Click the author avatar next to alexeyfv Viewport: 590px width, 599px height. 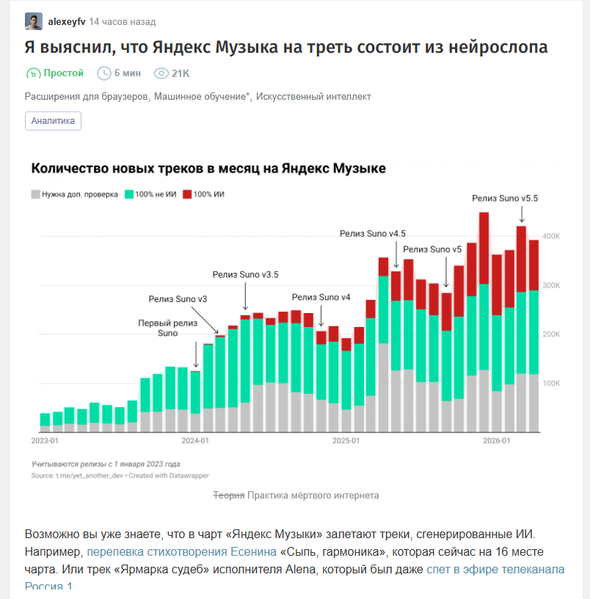(34, 21)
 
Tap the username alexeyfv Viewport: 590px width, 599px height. (67, 22)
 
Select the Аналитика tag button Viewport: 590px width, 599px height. (53, 121)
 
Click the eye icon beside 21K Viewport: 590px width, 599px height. (161, 73)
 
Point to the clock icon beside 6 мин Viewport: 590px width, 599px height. (103, 73)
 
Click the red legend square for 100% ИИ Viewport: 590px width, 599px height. (187, 194)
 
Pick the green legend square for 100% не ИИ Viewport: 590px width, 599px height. (129, 194)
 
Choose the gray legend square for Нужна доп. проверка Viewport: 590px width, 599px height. (35, 194)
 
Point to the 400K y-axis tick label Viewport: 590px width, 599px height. (551, 236)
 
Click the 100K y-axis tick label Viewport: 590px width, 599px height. (551, 383)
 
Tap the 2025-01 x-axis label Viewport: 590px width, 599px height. (346, 441)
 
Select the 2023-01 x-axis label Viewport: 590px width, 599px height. (45, 441)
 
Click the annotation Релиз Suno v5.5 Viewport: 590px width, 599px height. (505, 198)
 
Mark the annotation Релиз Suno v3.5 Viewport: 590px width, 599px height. (246, 275)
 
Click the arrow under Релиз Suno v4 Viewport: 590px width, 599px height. (321, 316)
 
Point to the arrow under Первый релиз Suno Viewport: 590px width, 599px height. (196, 355)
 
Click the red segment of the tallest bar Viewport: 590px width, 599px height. (484, 249)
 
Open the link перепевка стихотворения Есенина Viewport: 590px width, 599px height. (182, 551)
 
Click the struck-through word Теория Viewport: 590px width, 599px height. (229, 496)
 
